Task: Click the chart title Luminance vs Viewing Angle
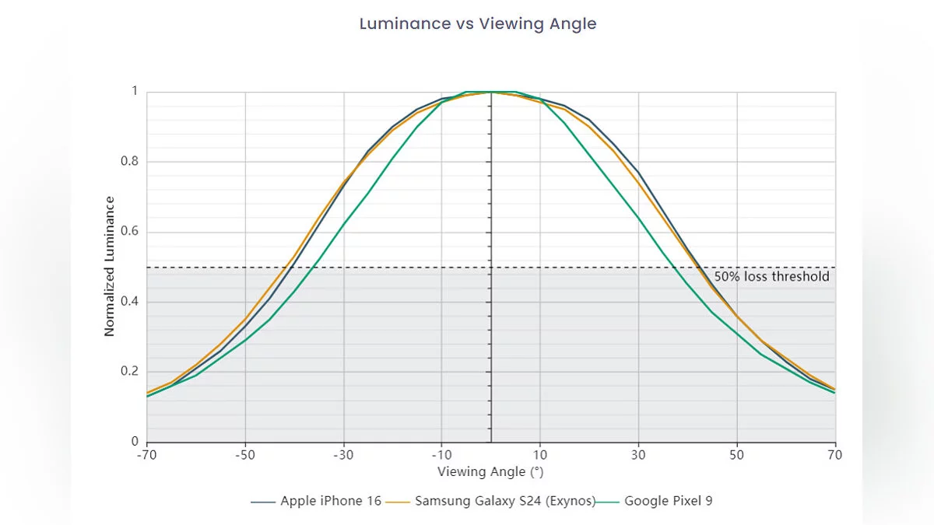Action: (478, 24)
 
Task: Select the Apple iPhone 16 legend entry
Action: (331, 501)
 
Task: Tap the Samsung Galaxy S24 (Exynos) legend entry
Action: (504, 501)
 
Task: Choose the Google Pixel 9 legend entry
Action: (668, 501)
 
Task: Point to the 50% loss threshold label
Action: (771, 276)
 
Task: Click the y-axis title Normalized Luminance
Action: (110, 266)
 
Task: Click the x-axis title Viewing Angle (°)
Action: (490, 471)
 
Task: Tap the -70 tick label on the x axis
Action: (147, 454)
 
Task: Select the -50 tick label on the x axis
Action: (245, 454)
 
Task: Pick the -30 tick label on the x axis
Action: (343, 454)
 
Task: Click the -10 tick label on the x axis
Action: (441, 454)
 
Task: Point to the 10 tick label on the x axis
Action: (540, 454)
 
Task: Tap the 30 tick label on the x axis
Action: (638, 454)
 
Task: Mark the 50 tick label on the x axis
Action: (736, 454)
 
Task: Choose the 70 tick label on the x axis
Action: (835, 454)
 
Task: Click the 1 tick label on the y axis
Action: (134, 92)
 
